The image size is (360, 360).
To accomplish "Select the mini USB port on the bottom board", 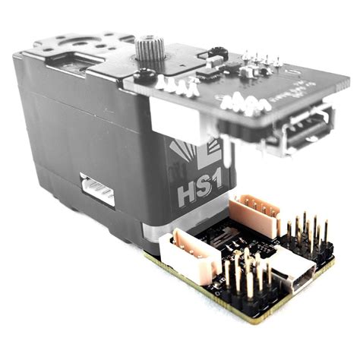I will (x=292, y=278).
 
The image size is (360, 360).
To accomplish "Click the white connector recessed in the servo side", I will (x=98, y=190).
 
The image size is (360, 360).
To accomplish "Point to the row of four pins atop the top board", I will (x=262, y=60).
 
